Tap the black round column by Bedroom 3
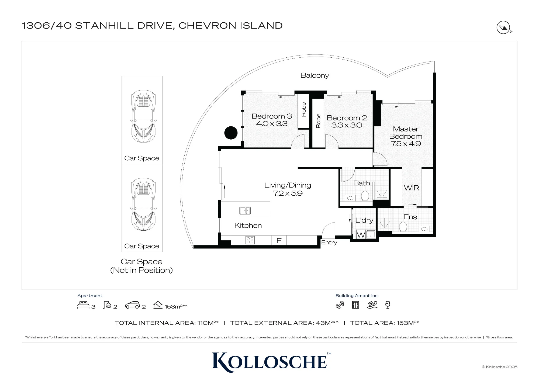231,133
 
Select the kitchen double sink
245,210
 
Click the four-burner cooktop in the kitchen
250,240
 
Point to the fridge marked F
279,240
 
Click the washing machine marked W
361,235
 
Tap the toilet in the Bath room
365,196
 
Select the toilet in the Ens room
403,227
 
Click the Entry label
329,243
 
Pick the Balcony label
315,75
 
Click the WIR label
412,188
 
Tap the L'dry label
364,220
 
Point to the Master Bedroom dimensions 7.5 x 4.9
406,144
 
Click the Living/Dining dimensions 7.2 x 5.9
288,193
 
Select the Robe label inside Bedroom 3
304,109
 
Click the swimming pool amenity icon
372,305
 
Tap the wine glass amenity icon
388,305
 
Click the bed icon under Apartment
83,305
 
